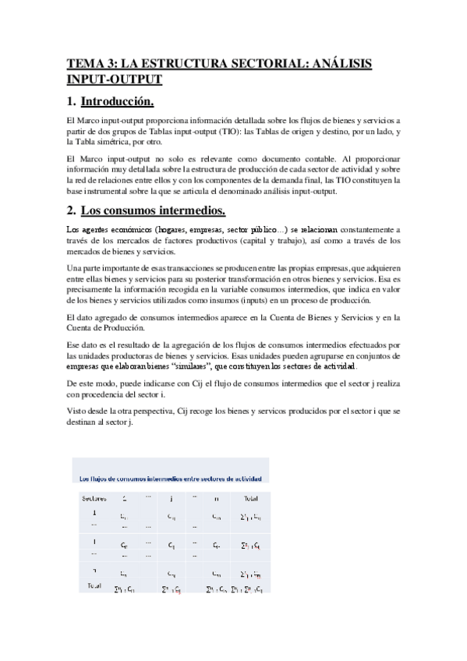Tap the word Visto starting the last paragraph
(77, 410)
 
